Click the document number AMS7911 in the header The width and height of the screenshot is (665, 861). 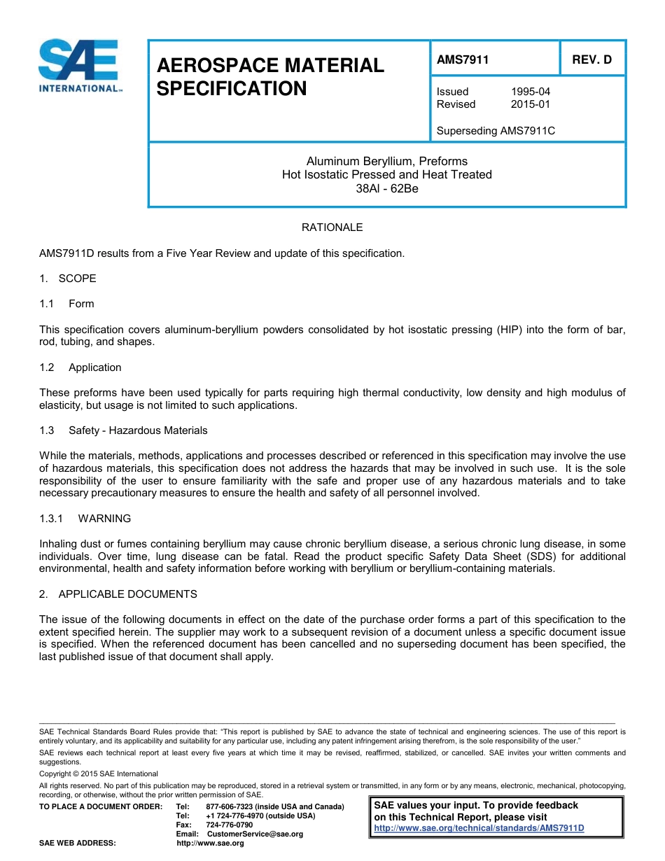click(463, 60)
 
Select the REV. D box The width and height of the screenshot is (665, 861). click(591, 60)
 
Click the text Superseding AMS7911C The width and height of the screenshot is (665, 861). click(496, 131)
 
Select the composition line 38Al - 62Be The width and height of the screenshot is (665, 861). click(386, 188)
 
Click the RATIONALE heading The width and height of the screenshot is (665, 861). click(332, 227)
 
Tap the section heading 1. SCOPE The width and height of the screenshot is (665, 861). click(68, 279)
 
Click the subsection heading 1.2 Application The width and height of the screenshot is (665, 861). click(81, 367)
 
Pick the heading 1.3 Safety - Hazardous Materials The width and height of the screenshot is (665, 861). click(124, 430)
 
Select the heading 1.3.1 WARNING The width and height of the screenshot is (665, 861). click(85, 519)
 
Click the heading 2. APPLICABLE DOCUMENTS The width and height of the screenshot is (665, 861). click(118, 594)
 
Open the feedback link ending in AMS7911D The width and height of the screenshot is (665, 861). click(479, 828)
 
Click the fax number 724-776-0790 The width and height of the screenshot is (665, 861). click(229, 825)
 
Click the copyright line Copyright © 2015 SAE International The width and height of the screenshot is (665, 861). click(99, 774)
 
